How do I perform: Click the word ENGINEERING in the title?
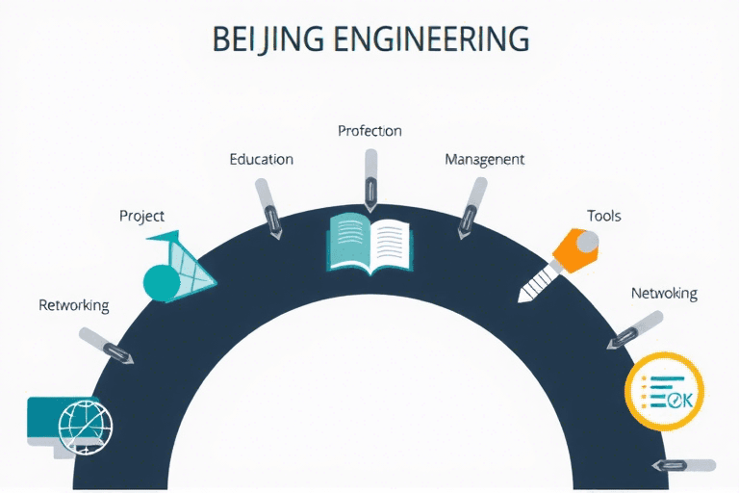(x=432, y=39)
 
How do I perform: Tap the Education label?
(x=261, y=159)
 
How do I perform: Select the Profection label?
(x=369, y=130)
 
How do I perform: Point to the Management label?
(x=484, y=159)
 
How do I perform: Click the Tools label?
(x=604, y=216)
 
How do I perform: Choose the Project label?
(x=141, y=216)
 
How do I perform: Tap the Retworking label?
(x=74, y=305)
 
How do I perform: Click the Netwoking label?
(x=664, y=293)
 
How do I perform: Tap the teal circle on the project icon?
(x=162, y=281)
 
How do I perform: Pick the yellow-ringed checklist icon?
(x=664, y=393)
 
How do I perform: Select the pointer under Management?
(x=471, y=206)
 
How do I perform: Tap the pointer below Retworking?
(x=107, y=346)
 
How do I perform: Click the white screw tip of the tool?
(x=533, y=285)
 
